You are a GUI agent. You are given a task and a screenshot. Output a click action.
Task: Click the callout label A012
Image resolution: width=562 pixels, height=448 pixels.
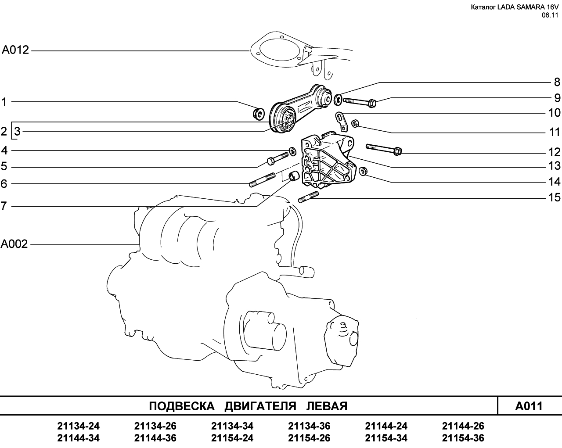point(15,50)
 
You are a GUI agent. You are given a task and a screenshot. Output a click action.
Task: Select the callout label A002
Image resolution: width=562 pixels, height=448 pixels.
point(14,244)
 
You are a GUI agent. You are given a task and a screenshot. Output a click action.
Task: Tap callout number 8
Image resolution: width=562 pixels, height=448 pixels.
point(557,82)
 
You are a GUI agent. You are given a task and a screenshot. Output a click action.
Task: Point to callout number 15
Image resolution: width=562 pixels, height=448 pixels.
point(555,197)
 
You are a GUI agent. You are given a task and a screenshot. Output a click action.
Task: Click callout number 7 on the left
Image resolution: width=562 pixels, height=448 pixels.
point(4,206)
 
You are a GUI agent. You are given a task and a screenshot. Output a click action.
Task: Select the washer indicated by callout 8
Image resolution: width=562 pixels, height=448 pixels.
point(338,100)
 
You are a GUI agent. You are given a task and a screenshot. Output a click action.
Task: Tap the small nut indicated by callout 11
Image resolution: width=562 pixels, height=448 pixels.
point(355,123)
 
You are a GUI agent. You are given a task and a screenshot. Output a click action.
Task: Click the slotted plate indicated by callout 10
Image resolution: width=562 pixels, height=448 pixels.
point(341,121)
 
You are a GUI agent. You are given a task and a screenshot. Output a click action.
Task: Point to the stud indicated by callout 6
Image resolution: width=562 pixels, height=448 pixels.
point(262,180)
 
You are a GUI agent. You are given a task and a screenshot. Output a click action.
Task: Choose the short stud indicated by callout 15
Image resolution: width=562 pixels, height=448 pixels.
point(308,197)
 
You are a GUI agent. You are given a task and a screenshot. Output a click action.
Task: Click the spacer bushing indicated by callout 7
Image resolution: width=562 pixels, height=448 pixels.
point(292,176)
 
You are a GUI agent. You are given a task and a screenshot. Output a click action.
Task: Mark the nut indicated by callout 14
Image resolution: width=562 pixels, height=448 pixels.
point(363,171)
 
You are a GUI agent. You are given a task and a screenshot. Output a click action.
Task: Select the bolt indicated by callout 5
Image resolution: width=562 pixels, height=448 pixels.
point(277,158)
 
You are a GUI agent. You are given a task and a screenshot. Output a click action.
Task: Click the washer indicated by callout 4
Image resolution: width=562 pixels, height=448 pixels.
point(292,151)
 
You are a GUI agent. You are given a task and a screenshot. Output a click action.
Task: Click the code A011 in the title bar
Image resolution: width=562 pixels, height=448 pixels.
point(529,406)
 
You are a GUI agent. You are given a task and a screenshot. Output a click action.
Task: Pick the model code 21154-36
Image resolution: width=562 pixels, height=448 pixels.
point(463,438)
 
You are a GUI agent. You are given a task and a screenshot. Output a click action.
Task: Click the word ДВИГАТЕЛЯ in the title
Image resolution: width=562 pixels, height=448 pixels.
point(260,406)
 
